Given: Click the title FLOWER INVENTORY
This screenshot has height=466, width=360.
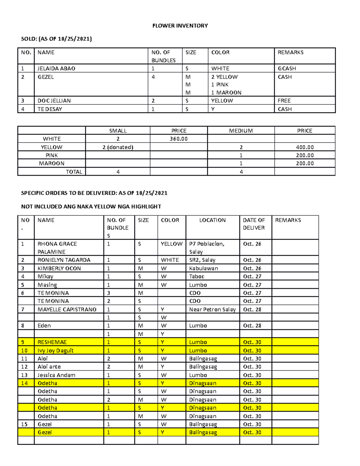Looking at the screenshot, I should pos(180,26).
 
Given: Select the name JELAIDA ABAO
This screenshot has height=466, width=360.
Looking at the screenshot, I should pos(56,68).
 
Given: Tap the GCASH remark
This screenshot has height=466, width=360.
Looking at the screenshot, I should pos(287,68).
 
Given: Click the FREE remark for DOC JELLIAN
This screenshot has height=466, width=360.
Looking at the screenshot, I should pos(284,101).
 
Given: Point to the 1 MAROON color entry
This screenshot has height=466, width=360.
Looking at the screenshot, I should pos(226,92).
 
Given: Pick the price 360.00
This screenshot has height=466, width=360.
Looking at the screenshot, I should pos(178,139).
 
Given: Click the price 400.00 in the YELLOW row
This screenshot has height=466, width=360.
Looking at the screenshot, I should pos(305,147).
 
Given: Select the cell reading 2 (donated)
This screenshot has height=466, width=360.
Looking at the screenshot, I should pos(118,147).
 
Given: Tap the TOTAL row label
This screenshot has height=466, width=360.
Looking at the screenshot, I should pos(74,172).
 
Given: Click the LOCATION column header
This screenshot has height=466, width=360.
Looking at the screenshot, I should pos(212,220).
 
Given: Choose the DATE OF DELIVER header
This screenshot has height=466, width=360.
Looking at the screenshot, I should pos(254,224).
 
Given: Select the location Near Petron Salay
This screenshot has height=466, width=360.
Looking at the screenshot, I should pos(212,309).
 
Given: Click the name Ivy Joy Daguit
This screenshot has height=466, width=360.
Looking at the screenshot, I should pos(55,350).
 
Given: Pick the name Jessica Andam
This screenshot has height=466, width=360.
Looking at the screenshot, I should pos(56,375).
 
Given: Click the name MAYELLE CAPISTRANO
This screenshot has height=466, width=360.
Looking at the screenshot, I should pos(67,309).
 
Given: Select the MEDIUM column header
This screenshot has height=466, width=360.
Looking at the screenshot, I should pos(241,131).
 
